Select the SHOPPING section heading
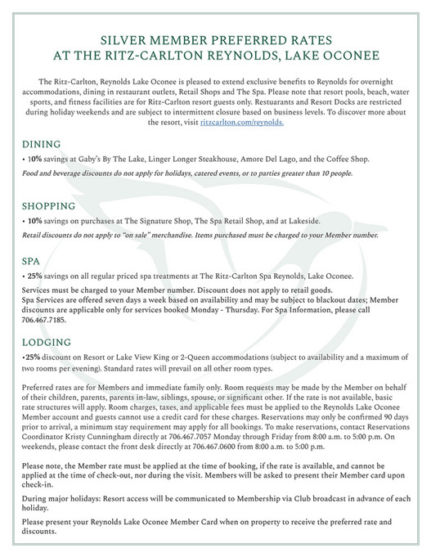pos(54,205)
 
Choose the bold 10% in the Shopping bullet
pos(35,221)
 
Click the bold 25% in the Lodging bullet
pos(33,358)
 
